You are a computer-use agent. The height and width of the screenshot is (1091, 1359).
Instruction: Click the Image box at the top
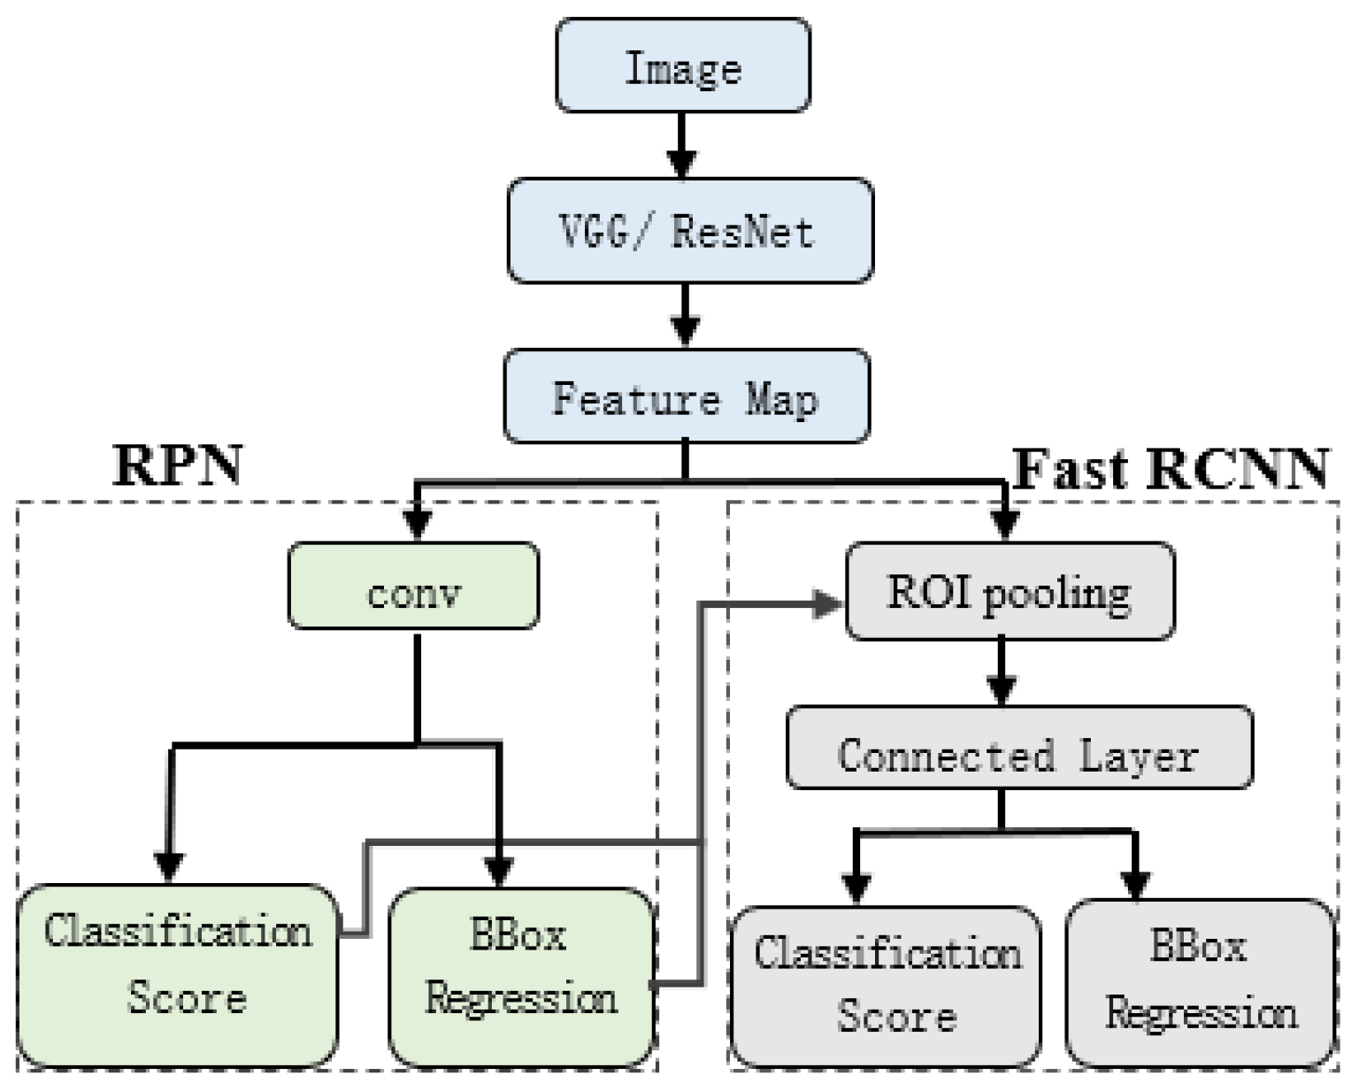pyautogui.click(x=682, y=66)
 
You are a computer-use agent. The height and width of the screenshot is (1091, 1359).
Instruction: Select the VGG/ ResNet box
pyautogui.click(x=689, y=231)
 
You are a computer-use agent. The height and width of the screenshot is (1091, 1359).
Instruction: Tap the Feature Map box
pyautogui.click(x=686, y=397)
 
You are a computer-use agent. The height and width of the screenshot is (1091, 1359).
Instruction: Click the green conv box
pyautogui.click(x=413, y=587)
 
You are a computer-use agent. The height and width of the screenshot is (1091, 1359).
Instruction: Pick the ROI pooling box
pyautogui.click(x=1010, y=591)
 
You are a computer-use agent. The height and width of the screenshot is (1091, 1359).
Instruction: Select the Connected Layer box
pyautogui.click(x=1018, y=748)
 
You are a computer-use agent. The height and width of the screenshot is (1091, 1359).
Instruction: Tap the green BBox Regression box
pyautogui.click(x=521, y=976)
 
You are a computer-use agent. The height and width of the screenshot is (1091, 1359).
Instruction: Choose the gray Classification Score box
pyautogui.click(x=886, y=986)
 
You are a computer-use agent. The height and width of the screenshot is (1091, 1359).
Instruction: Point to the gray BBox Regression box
pyautogui.click(x=1201, y=982)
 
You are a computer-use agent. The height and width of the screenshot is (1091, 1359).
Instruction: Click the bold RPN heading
pyautogui.click(x=177, y=465)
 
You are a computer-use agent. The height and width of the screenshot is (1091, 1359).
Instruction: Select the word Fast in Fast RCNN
pyautogui.click(x=1071, y=468)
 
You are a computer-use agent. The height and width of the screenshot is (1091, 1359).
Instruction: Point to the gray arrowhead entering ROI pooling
pyautogui.click(x=829, y=604)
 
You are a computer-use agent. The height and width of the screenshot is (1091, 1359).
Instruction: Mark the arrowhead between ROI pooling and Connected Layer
pyautogui.click(x=1001, y=689)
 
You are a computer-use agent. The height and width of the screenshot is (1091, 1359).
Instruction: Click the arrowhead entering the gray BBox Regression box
pyautogui.click(x=1136, y=883)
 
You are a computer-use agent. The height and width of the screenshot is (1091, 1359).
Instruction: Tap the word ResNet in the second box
pyautogui.click(x=742, y=232)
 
